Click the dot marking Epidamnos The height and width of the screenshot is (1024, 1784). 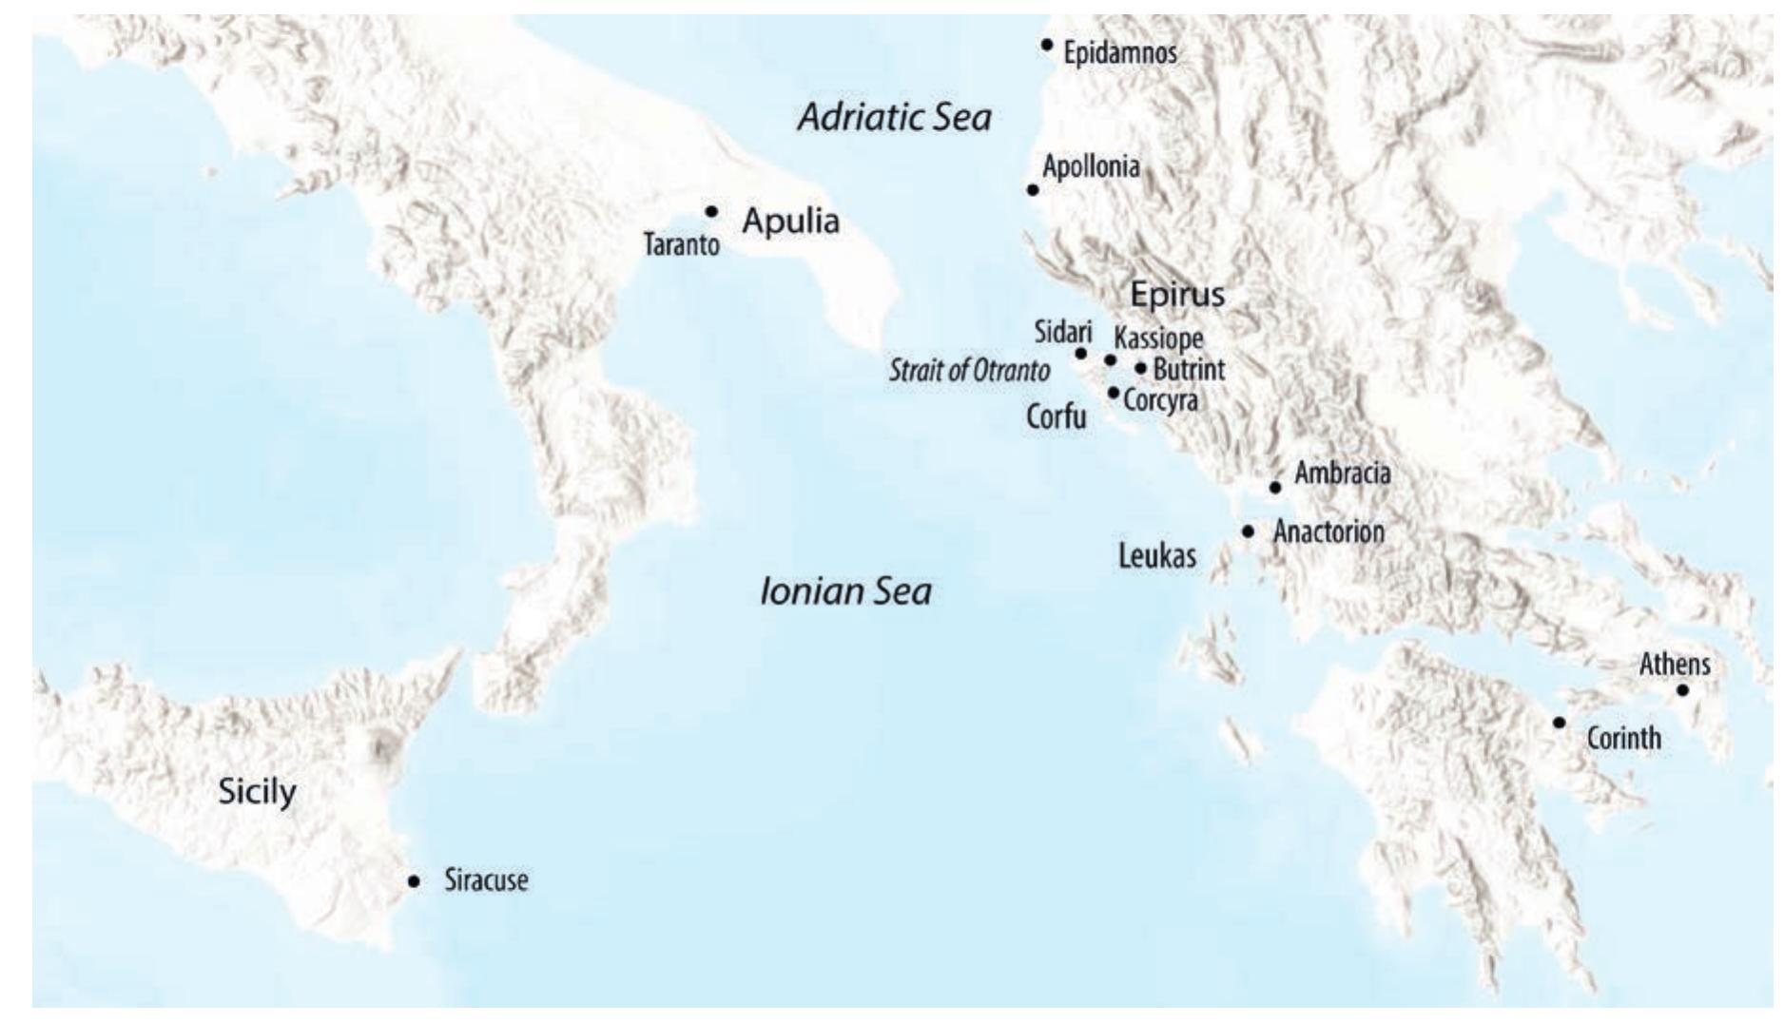pyautogui.click(x=1047, y=44)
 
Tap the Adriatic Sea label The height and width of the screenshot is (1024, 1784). pyautogui.click(x=894, y=118)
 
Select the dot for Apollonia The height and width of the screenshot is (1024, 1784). pyautogui.click(x=1033, y=190)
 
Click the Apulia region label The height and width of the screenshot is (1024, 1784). pyautogui.click(x=790, y=222)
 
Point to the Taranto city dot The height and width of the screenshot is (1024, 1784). pyautogui.click(x=711, y=211)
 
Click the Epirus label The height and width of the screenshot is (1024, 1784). pyautogui.click(x=1177, y=295)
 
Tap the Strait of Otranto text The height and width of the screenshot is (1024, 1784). pyautogui.click(x=969, y=371)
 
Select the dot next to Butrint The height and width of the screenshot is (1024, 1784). pyautogui.click(x=1141, y=368)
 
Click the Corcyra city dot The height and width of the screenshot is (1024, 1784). pyautogui.click(x=1114, y=392)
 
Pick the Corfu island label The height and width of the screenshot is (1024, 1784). pyautogui.click(x=1056, y=416)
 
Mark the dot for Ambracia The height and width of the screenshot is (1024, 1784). pyautogui.click(x=1275, y=488)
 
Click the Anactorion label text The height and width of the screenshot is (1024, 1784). pyautogui.click(x=1328, y=532)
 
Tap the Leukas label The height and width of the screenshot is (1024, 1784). pyautogui.click(x=1156, y=556)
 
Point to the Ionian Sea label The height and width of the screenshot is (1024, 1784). pyautogui.click(x=845, y=592)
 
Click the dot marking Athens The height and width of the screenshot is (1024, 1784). pyautogui.click(x=1682, y=690)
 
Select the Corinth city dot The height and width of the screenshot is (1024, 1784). pyautogui.click(x=1559, y=723)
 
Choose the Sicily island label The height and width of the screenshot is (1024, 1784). pyautogui.click(x=257, y=791)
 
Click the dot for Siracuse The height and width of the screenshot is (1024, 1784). pyautogui.click(x=414, y=881)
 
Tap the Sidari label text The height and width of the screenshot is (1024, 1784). pyautogui.click(x=1062, y=332)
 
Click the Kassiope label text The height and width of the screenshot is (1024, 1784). pyautogui.click(x=1158, y=338)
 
